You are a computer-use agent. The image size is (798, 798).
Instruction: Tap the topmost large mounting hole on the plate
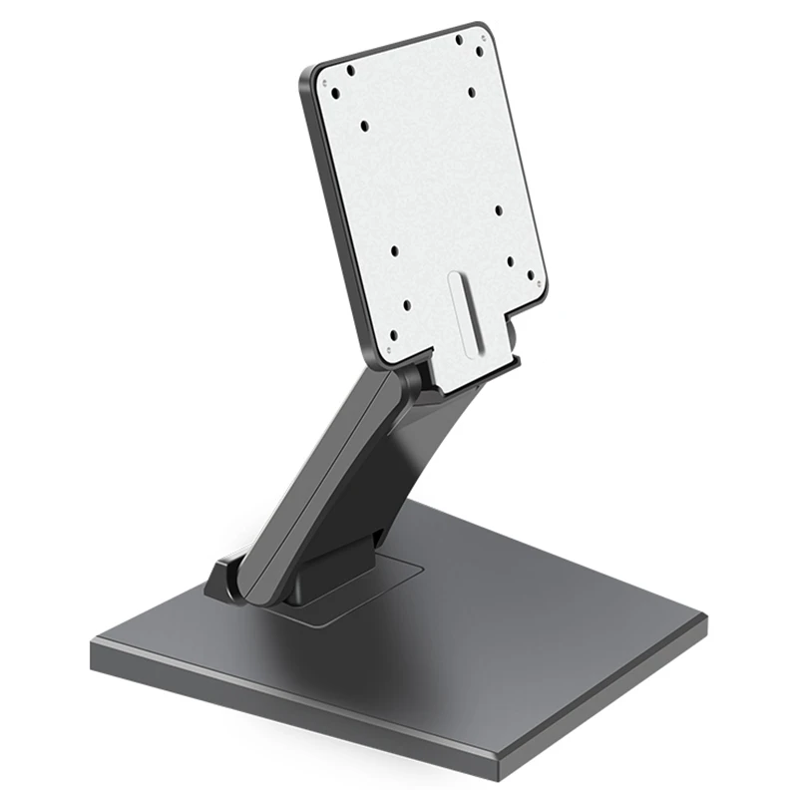point(459,41)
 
